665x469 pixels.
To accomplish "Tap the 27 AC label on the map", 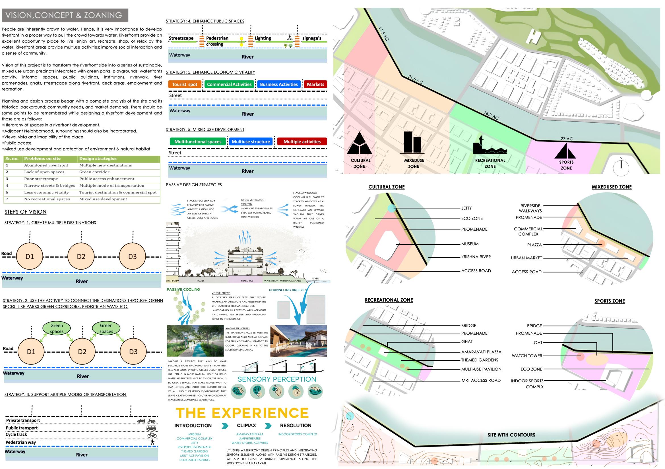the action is pos(567,139).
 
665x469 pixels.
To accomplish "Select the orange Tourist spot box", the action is pos(185,84).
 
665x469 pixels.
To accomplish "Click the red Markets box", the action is pos(315,84).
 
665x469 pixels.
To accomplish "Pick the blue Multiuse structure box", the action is pos(251,142).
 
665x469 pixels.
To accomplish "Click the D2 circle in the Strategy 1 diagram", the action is pos(81,257).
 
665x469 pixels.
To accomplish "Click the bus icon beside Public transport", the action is pos(152,428).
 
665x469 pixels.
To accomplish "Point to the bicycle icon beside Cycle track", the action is pos(152,435).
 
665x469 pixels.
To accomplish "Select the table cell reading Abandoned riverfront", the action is pos(46,165).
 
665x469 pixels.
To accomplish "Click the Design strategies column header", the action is pos(98,159).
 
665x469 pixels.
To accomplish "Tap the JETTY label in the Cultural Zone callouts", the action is pos(466,208).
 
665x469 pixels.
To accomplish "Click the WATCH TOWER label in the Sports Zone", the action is pos(527,356).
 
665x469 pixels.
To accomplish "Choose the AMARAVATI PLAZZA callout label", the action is pos(481,352).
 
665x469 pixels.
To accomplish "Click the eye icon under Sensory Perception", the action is pos(238,391).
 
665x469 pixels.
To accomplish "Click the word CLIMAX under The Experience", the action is pos(246,426).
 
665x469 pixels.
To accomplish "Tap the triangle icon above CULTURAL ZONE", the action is pos(359,144).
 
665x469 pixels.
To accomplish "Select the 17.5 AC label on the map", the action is pos(383,34).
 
